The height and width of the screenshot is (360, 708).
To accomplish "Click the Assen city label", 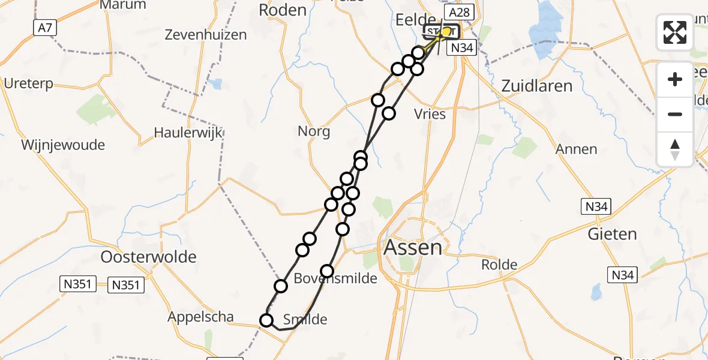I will tap(413, 247).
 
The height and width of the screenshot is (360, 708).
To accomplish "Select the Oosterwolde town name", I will tap(149, 257).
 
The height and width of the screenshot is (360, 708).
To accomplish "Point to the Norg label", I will tap(314, 131).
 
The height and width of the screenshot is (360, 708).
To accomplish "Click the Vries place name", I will tap(430, 113).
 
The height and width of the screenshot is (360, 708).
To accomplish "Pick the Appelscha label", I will tap(201, 317).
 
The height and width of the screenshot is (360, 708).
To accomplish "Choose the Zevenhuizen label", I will tap(206, 35).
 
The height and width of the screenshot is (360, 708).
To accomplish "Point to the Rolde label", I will tap(499, 265).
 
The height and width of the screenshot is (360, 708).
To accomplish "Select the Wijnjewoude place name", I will tap(63, 145).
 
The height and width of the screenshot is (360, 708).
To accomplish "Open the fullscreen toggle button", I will tap(675, 32).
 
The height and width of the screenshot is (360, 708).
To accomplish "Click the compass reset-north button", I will tap(675, 149).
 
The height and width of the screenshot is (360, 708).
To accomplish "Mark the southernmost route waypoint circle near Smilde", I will tap(266, 320).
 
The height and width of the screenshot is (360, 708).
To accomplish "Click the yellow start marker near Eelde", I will tap(446, 31).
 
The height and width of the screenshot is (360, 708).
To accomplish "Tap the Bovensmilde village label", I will tap(335, 278).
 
